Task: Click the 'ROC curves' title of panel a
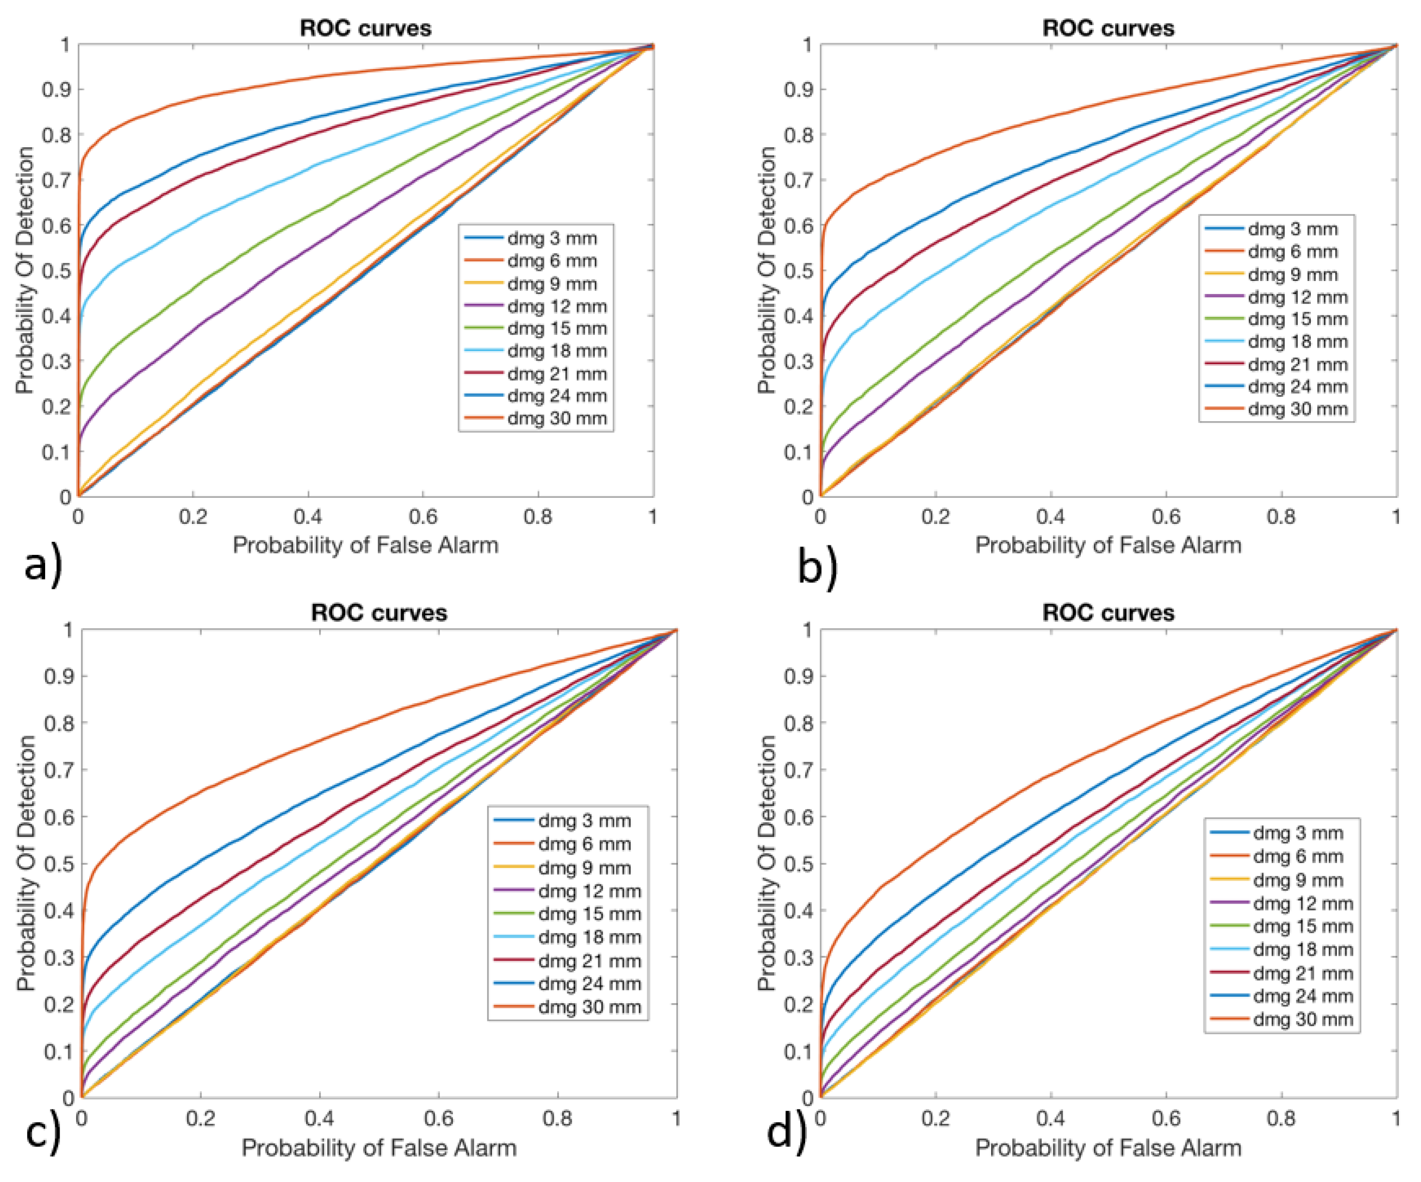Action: pyautogui.click(x=365, y=29)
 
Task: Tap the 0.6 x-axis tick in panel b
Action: pyautogui.click(x=1166, y=517)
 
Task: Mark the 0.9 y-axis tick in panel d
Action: pyautogui.click(x=799, y=676)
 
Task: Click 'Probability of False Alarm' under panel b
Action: pyautogui.click(x=1108, y=545)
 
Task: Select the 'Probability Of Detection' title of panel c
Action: pyautogui.click(x=26, y=863)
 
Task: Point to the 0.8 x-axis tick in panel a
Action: pyautogui.click(x=538, y=517)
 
